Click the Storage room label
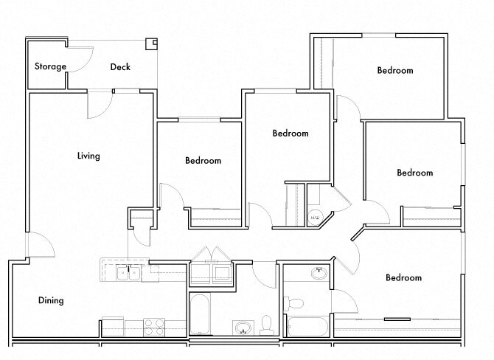point(50,66)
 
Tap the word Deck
point(120,67)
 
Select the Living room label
point(88,156)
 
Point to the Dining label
point(51,300)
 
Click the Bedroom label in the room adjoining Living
point(203,160)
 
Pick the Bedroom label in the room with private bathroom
point(403,277)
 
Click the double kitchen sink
point(129,273)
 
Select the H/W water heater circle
point(314,217)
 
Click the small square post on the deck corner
point(152,44)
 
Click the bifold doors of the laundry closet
point(212,255)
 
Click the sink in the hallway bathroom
point(243,325)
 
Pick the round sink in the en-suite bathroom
point(319,273)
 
